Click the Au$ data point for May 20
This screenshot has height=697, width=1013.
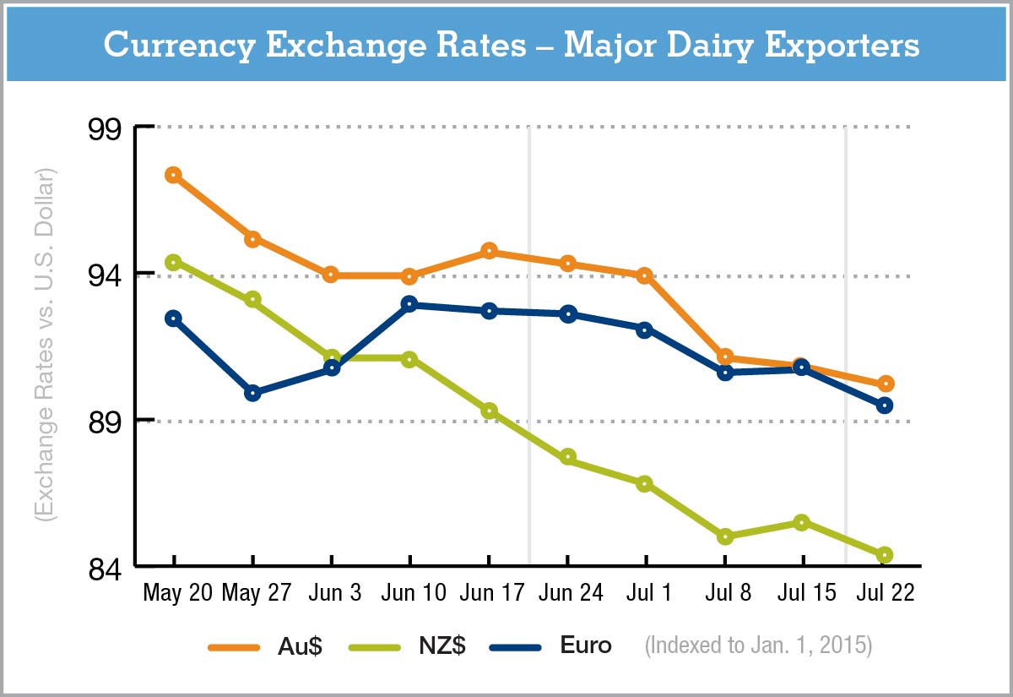pos(173,175)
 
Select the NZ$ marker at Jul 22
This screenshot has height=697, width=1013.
pos(885,555)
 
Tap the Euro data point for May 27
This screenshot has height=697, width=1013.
pos(252,393)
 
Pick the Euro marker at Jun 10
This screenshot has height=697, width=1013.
pos(409,304)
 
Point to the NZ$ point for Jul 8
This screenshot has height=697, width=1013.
pos(724,536)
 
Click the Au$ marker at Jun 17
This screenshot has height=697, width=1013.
pos(489,251)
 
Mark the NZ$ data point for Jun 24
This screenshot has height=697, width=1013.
pos(568,457)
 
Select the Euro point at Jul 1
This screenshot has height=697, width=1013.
pos(645,329)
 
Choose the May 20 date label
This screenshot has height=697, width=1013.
pos(177,593)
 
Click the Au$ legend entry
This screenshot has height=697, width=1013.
pos(266,646)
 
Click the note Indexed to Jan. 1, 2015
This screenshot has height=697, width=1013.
pos(758,646)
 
